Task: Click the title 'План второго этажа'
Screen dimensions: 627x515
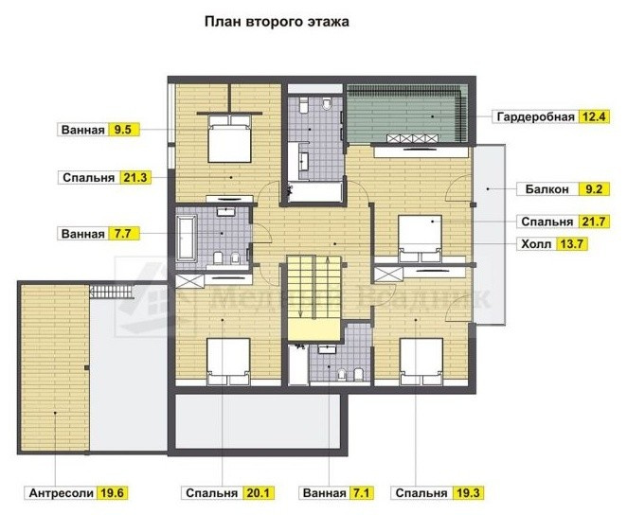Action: (x=277, y=22)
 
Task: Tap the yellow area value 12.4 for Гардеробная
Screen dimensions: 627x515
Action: (x=595, y=116)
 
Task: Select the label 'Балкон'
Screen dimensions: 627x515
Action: (x=546, y=189)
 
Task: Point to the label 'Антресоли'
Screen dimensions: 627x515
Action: (x=62, y=493)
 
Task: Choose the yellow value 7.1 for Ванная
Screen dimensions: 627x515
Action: (x=360, y=493)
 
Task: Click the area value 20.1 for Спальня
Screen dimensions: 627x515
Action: (x=258, y=493)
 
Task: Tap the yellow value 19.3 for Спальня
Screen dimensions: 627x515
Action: (x=468, y=493)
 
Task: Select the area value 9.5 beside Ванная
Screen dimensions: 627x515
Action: (x=123, y=130)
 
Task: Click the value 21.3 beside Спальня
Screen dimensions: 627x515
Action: (x=134, y=177)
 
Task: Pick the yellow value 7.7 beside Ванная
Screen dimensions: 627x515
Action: (x=123, y=233)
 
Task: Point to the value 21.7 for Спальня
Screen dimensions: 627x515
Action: (x=594, y=222)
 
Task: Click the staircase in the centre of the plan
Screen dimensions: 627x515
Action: (x=313, y=297)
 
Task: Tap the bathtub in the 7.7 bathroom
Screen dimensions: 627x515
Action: (x=187, y=238)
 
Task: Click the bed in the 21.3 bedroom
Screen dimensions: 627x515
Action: (x=229, y=138)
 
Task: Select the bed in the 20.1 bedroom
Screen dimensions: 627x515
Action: (x=228, y=362)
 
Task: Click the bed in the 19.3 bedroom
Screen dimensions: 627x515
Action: (x=421, y=362)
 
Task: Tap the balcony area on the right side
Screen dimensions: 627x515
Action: (x=489, y=235)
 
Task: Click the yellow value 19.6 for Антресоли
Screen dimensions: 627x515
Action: (x=112, y=493)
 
